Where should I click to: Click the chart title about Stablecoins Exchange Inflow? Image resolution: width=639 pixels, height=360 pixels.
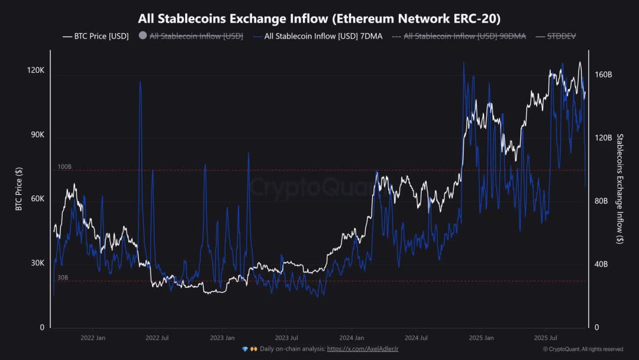tap(319, 18)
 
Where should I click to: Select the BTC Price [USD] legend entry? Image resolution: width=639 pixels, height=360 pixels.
tap(95, 36)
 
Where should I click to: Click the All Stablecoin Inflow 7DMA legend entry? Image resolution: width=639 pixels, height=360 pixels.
tap(317, 36)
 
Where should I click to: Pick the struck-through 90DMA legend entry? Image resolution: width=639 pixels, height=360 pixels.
tap(459, 36)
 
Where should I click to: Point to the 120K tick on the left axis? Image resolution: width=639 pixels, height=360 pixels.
tap(36, 70)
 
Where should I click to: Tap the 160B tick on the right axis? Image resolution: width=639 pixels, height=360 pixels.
tap(603, 75)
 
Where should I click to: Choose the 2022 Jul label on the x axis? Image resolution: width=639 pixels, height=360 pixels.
tap(157, 338)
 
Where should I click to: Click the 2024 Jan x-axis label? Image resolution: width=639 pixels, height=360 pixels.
tap(351, 338)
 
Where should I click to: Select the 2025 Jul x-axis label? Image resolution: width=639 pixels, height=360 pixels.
tap(546, 338)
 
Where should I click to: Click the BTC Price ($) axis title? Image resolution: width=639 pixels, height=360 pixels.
tap(19, 188)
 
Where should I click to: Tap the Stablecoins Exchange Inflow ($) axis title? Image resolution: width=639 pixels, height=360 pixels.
tap(619, 188)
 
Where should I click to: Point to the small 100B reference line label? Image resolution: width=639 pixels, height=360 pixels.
tap(64, 167)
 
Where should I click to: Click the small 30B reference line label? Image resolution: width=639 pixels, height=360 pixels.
tap(63, 278)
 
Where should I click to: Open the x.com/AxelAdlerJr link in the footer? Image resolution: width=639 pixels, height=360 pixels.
tap(363, 349)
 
